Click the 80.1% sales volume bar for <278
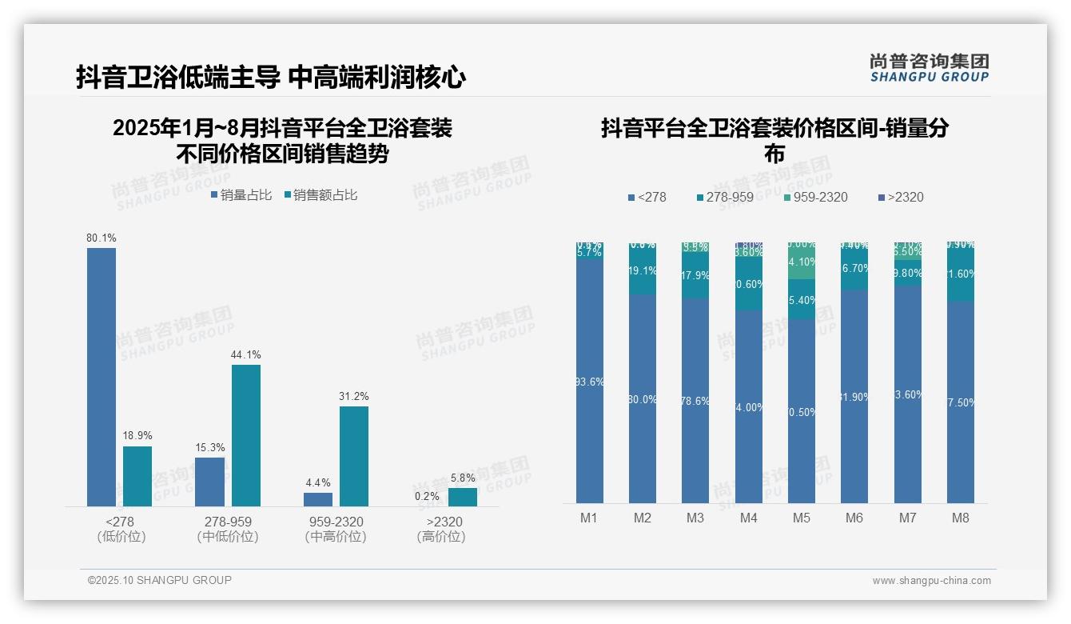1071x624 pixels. point(102,377)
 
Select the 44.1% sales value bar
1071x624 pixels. point(246,435)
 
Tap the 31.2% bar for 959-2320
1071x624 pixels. point(354,456)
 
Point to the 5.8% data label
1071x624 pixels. point(463,478)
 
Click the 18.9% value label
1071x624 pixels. point(137,436)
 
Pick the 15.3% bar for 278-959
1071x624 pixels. point(210,482)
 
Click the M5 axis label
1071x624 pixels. point(802,518)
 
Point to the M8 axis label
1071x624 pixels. point(961,518)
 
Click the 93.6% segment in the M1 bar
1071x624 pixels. point(590,381)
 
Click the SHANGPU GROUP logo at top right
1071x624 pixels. point(930,68)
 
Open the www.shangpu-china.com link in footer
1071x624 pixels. point(931,581)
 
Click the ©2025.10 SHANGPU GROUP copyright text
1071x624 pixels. point(160,580)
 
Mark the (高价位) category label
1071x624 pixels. point(440,537)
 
